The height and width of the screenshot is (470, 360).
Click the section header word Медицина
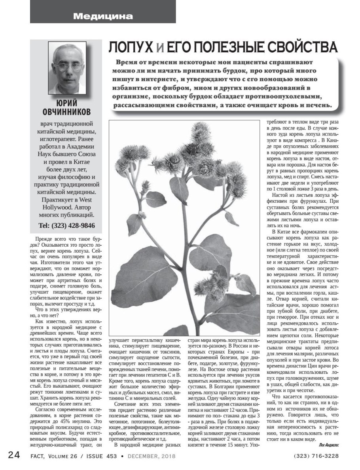103,16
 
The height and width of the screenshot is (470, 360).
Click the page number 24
14,455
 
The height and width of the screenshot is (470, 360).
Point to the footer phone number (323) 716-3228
316,456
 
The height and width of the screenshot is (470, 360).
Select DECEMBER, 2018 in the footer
151,456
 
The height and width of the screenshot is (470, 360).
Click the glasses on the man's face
66,64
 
